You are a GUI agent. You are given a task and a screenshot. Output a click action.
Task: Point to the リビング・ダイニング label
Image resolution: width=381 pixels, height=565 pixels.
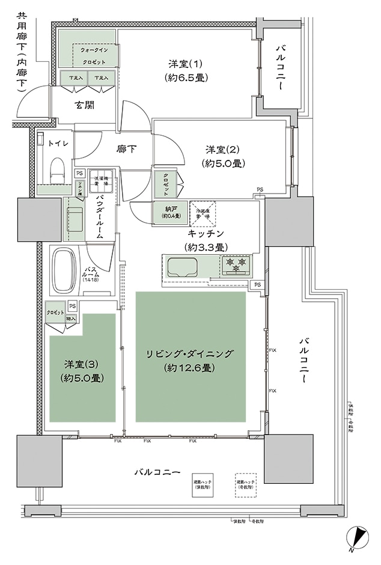pyautogui.click(x=190, y=360)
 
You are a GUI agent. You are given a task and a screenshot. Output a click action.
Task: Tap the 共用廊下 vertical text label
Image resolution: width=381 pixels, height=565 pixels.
pyautogui.click(x=22, y=51)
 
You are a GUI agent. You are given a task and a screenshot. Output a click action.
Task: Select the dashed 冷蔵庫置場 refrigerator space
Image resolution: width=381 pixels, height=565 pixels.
pyautogui.click(x=202, y=213)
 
